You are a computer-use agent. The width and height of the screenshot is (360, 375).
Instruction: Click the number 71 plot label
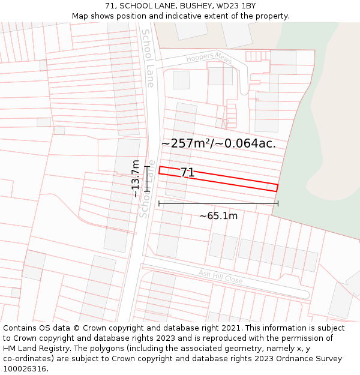[x=187, y=173]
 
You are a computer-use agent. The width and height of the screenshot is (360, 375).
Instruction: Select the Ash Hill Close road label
[x=221, y=277]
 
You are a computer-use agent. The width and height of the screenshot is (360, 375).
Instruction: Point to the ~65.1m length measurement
[x=218, y=216]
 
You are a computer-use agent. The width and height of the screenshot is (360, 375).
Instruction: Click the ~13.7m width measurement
[x=136, y=178]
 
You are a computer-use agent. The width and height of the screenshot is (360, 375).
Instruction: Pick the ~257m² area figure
[x=187, y=143]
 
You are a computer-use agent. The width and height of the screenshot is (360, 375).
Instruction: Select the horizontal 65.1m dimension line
[x=218, y=203]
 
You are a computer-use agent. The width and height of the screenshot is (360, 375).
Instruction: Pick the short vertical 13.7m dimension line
[x=146, y=178]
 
